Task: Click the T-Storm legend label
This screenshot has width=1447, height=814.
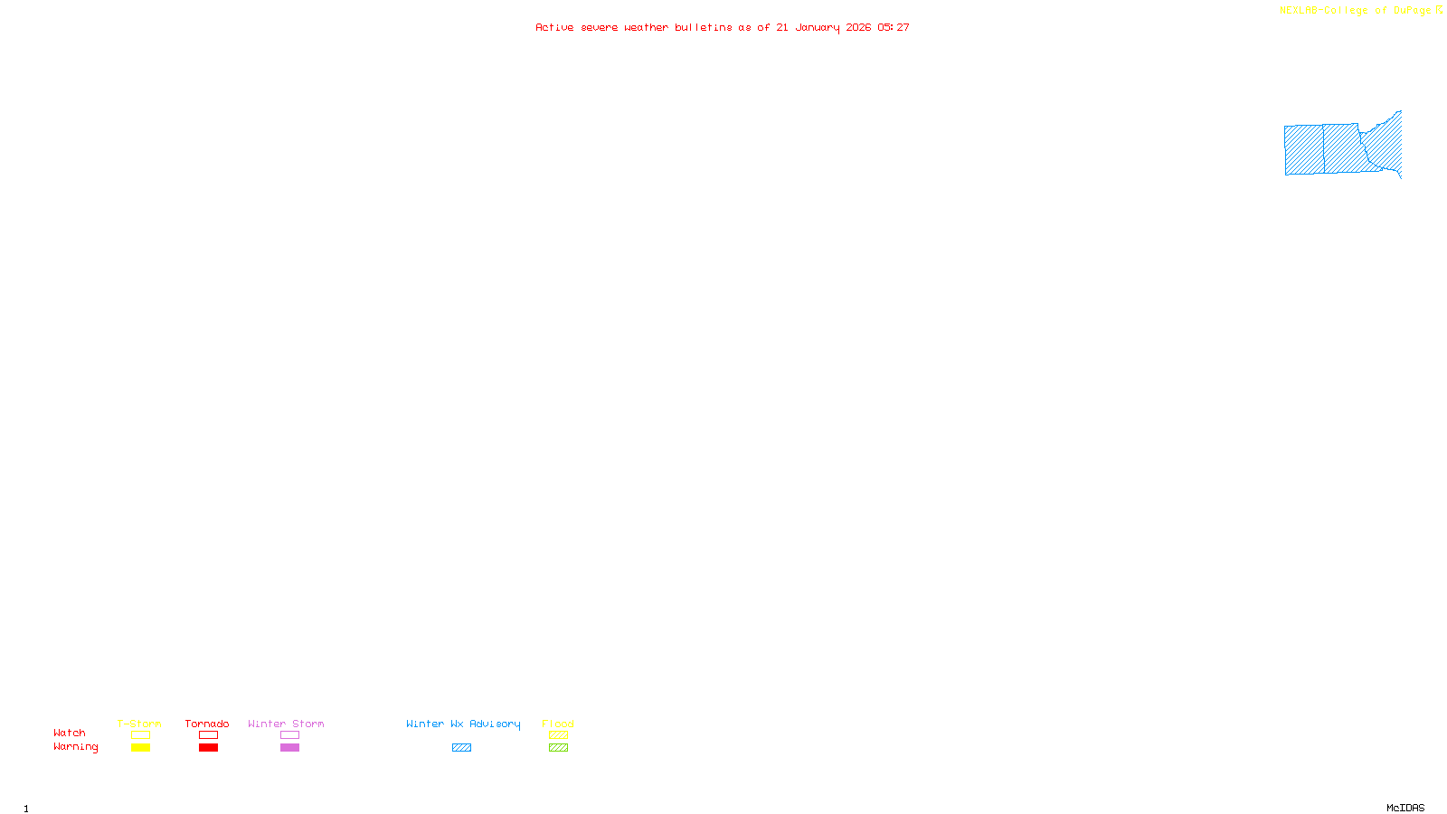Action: [x=139, y=724]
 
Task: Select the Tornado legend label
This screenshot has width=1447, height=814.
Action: [x=207, y=724]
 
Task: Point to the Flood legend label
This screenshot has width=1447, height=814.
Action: [x=558, y=724]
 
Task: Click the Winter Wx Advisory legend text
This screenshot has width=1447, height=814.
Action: [x=463, y=724]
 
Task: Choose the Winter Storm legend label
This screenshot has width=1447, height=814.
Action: [x=286, y=724]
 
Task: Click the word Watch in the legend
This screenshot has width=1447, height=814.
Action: [x=70, y=733]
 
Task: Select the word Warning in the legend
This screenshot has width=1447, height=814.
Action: [x=75, y=747]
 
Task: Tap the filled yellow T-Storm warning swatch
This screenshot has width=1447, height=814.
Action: [x=140, y=748]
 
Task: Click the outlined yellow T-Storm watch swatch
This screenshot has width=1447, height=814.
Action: [x=140, y=735]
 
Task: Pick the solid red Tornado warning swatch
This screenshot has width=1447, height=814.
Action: [x=208, y=748]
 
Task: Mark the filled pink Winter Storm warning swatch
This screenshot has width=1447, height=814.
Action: [x=289, y=748]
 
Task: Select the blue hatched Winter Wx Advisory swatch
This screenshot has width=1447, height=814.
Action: [x=461, y=748]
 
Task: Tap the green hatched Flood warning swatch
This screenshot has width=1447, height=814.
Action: [x=558, y=748]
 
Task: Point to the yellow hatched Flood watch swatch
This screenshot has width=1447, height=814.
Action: [x=558, y=735]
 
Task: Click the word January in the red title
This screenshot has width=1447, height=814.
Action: [x=817, y=28]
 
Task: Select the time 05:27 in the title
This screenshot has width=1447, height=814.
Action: [x=894, y=28]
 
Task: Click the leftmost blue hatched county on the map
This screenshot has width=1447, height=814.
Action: [x=1304, y=150]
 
